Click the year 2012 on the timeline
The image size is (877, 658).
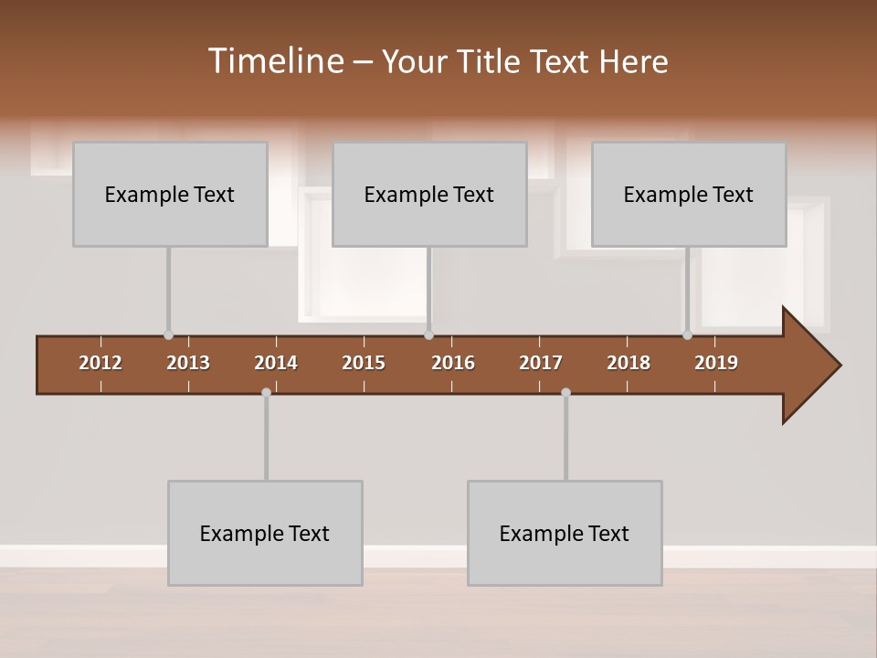click(100, 363)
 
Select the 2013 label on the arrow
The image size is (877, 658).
click(188, 363)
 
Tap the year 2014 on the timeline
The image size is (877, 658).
click(276, 363)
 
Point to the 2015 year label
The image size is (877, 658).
click(364, 363)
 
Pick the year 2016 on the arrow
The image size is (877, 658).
click(453, 363)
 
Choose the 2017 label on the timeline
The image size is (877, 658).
click(541, 363)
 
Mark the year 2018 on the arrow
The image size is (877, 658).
click(629, 363)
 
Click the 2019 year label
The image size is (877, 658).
click(716, 363)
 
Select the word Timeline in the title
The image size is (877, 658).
click(275, 61)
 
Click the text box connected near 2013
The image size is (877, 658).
click(170, 194)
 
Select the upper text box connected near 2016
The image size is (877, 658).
click(429, 194)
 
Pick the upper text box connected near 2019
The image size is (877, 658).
click(689, 194)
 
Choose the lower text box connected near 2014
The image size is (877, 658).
click(265, 533)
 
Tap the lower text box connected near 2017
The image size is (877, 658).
click(565, 533)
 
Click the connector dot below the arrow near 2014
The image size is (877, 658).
click(266, 392)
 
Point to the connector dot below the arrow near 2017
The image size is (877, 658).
click(565, 392)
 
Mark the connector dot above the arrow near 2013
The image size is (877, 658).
click(168, 335)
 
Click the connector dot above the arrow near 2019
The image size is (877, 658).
click(687, 335)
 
